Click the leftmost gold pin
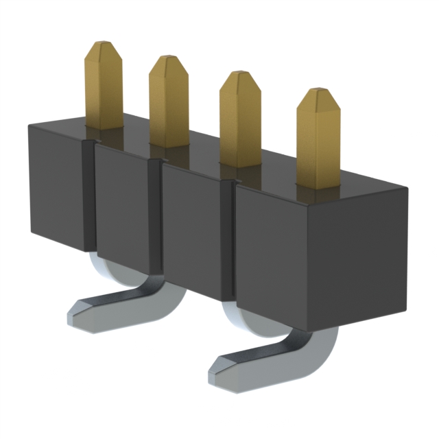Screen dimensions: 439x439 pyautogui.click(x=104, y=89)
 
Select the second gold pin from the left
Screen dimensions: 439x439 pyautogui.click(x=169, y=103)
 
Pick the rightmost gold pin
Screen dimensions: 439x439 pyautogui.click(x=318, y=141)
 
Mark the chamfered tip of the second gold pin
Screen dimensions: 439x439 pyautogui.click(x=168, y=61)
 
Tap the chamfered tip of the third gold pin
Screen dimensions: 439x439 pyautogui.click(x=239, y=77)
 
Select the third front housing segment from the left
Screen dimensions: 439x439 pyautogui.click(x=194, y=226)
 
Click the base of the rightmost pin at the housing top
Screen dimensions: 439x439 pyautogui.click(x=318, y=184)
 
